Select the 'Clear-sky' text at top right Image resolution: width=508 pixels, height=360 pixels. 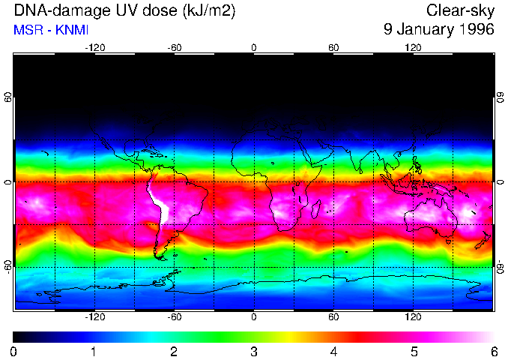click(x=460, y=10)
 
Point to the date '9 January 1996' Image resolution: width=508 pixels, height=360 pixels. click(x=438, y=30)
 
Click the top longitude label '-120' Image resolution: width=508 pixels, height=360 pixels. click(x=94, y=47)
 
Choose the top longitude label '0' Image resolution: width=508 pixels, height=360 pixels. click(x=254, y=47)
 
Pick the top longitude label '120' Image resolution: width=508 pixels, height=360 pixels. click(x=413, y=47)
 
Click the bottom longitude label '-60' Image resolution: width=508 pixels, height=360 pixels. click(x=175, y=317)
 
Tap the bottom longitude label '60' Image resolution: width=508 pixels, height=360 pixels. click(x=333, y=317)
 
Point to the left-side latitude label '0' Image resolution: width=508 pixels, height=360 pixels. click(x=8, y=182)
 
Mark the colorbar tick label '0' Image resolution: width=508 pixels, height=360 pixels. click(x=14, y=351)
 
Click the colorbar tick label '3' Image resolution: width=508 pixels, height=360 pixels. click(x=253, y=351)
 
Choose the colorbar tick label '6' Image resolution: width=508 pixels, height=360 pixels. click(x=492, y=351)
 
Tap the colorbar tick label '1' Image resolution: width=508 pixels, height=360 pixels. click(x=94, y=351)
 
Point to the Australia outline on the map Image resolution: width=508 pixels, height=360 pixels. click(x=431, y=217)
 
